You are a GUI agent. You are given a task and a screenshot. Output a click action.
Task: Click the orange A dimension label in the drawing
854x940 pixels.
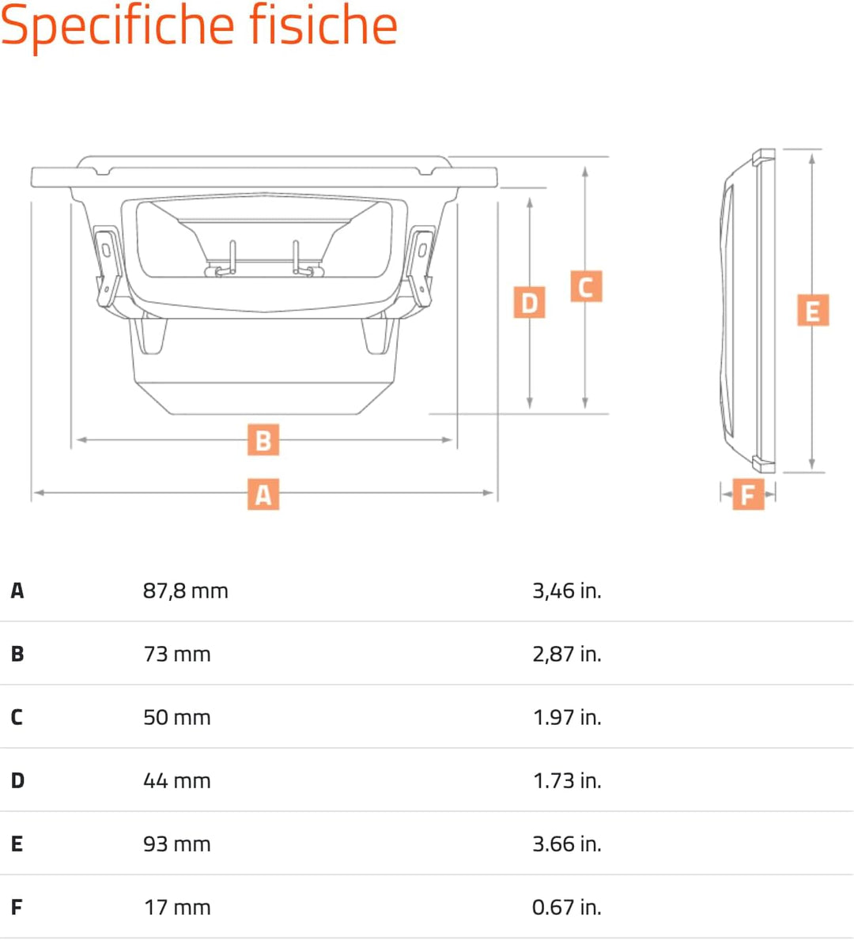pyautogui.click(x=263, y=494)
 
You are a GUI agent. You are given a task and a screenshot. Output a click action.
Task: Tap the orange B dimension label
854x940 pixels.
pyautogui.click(x=263, y=440)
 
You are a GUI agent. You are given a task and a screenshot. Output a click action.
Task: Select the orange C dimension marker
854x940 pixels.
pyautogui.click(x=586, y=286)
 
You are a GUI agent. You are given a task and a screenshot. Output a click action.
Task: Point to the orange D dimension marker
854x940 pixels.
pyautogui.click(x=530, y=302)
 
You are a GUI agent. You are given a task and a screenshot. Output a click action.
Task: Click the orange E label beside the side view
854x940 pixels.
pyautogui.click(x=813, y=310)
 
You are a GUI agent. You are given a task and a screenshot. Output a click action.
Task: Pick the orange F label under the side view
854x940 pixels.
pyautogui.click(x=749, y=494)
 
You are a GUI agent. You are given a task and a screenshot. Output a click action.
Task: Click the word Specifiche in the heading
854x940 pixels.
pyautogui.click(x=118, y=26)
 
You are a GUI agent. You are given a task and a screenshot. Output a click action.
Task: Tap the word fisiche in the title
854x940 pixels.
pyautogui.click(x=323, y=25)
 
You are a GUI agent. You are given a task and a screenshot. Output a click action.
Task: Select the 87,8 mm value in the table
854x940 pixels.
pyautogui.click(x=185, y=591)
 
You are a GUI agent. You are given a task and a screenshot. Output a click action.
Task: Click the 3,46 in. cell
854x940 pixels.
pyautogui.click(x=567, y=591)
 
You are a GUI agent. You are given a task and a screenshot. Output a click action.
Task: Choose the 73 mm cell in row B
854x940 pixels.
pyautogui.click(x=177, y=654)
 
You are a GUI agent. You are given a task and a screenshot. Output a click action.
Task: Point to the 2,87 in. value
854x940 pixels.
pyautogui.click(x=567, y=654)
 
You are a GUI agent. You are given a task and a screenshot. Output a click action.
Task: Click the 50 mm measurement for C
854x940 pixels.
pyautogui.click(x=177, y=718)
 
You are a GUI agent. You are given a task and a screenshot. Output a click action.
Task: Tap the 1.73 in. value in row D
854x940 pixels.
pyautogui.click(x=567, y=780)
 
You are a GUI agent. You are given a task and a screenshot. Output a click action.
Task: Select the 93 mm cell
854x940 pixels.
pyautogui.click(x=177, y=844)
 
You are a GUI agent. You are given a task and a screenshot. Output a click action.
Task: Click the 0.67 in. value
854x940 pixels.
pyautogui.click(x=567, y=907)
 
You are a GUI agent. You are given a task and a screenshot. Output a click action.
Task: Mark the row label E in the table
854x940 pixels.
pyautogui.click(x=17, y=844)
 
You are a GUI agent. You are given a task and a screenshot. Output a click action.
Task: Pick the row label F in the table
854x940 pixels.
pyautogui.click(x=17, y=907)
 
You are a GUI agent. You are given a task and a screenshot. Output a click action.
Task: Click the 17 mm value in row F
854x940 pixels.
pyautogui.click(x=177, y=907)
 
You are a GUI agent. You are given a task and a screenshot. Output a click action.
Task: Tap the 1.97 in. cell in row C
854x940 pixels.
pyautogui.click(x=567, y=718)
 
